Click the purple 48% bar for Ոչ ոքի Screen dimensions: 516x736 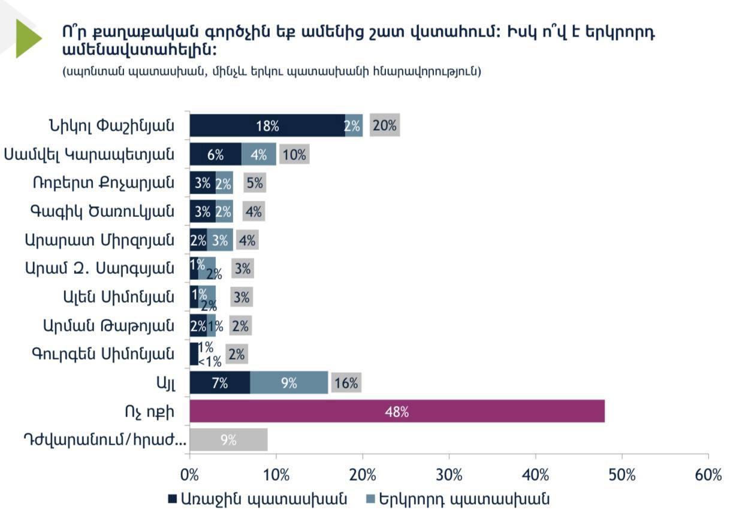397,412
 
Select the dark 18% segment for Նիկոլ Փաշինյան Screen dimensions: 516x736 267,126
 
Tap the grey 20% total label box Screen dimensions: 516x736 384,126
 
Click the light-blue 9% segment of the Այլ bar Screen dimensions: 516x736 289,383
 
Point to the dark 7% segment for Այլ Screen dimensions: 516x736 219,383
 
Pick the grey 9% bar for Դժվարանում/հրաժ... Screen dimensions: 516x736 228,440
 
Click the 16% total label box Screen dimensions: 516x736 345,383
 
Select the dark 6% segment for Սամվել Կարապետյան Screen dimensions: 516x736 215,155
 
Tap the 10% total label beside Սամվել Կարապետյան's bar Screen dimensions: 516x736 294,155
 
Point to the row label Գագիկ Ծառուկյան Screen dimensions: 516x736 102,212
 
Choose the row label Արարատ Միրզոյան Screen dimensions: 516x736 99,240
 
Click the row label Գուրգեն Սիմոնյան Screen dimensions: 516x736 103,354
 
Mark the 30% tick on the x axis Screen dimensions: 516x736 449,475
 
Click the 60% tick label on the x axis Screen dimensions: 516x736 708,475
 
